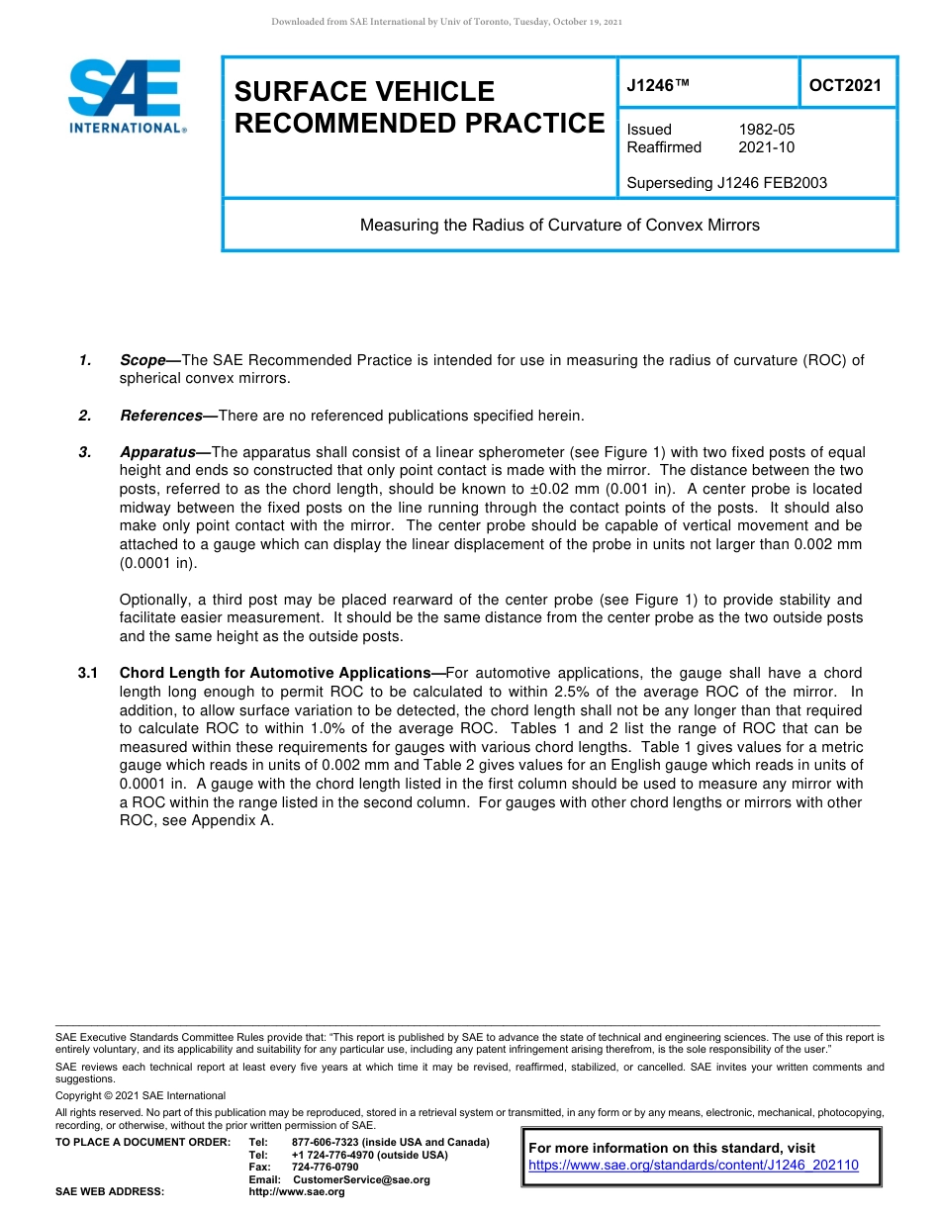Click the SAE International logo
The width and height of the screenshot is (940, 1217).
tap(126, 96)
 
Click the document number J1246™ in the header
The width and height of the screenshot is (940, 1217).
tap(657, 85)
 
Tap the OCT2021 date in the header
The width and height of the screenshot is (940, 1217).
tap(845, 85)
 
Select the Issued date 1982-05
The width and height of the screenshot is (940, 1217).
tap(766, 130)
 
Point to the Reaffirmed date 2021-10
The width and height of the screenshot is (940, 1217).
tap(766, 147)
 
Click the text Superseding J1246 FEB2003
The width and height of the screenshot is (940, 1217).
tap(726, 183)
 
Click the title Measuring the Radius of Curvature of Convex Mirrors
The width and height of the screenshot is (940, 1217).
tap(559, 225)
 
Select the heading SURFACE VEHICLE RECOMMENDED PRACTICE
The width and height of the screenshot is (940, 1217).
tap(419, 107)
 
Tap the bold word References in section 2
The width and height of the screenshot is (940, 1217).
tap(161, 415)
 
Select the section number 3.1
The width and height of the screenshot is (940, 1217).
tap(87, 673)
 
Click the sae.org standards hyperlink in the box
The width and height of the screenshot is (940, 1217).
tap(694, 1166)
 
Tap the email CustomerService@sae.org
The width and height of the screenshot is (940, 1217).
tap(361, 1179)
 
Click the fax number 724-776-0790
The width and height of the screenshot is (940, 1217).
tap(325, 1168)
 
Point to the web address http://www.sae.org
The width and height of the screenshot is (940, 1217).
tap(297, 1192)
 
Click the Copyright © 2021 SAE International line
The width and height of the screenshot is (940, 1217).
tap(141, 1095)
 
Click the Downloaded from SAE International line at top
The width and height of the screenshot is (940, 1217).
tap(446, 22)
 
